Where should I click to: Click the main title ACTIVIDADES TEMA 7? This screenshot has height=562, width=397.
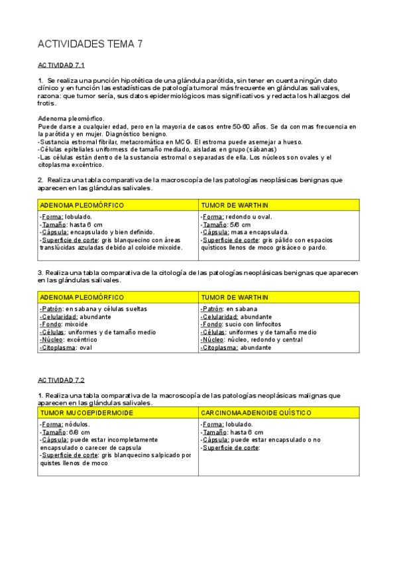(x=89, y=44)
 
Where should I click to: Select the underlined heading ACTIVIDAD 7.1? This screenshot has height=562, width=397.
(x=62, y=66)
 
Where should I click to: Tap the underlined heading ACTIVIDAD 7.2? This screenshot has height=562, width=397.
(x=62, y=380)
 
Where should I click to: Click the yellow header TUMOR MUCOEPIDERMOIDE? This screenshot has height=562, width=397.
(x=87, y=412)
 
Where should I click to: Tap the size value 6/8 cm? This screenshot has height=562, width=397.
(x=78, y=431)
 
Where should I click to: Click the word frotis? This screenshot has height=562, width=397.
(x=47, y=103)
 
